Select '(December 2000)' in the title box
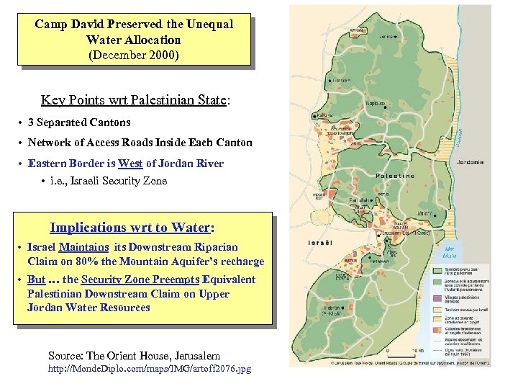pyautogui.click(x=134, y=54)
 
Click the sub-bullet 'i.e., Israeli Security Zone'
pyautogui.click(x=109, y=181)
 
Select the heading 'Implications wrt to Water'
pyautogui.click(x=130, y=228)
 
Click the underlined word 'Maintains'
pyautogui.click(x=83, y=247)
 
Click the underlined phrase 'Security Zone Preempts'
pyautogui.click(x=141, y=280)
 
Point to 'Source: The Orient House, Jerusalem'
pyautogui.click(x=134, y=355)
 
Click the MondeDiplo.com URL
pyautogui.click(x=150, y=369)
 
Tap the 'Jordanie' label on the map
pyautogui.click(x=470, y=162)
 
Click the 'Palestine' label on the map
pyautogui.click(x=395, y=176)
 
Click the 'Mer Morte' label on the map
pyautogui.click(x=450, y=251)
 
